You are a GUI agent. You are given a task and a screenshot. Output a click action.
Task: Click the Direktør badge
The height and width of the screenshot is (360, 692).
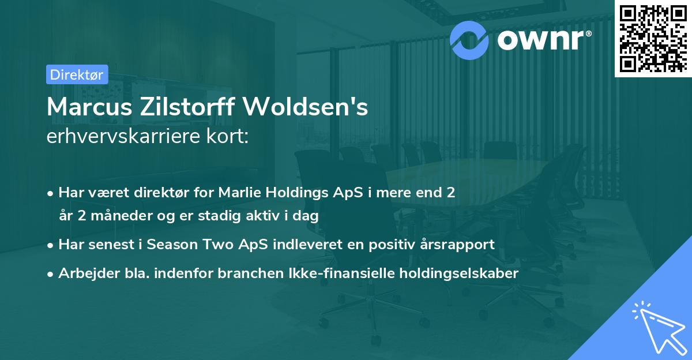[x=77, y=74]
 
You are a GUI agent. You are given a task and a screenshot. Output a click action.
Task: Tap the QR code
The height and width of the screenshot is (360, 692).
[x=652, y=38]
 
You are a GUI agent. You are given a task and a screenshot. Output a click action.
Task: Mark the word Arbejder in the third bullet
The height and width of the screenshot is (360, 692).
[x=84, y=273]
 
